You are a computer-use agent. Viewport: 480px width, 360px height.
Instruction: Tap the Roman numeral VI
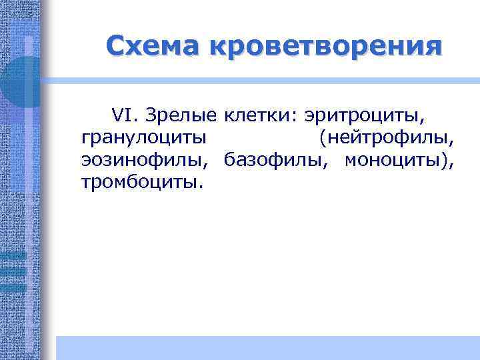click(122, 115)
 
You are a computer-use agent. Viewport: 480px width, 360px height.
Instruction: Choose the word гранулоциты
click(143, 139)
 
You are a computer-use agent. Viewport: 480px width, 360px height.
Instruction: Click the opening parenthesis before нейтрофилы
click(323, 139)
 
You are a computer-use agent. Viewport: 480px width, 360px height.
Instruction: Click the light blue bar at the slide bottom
click(267, 347)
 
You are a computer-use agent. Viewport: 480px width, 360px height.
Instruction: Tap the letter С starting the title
click(115, 46)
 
